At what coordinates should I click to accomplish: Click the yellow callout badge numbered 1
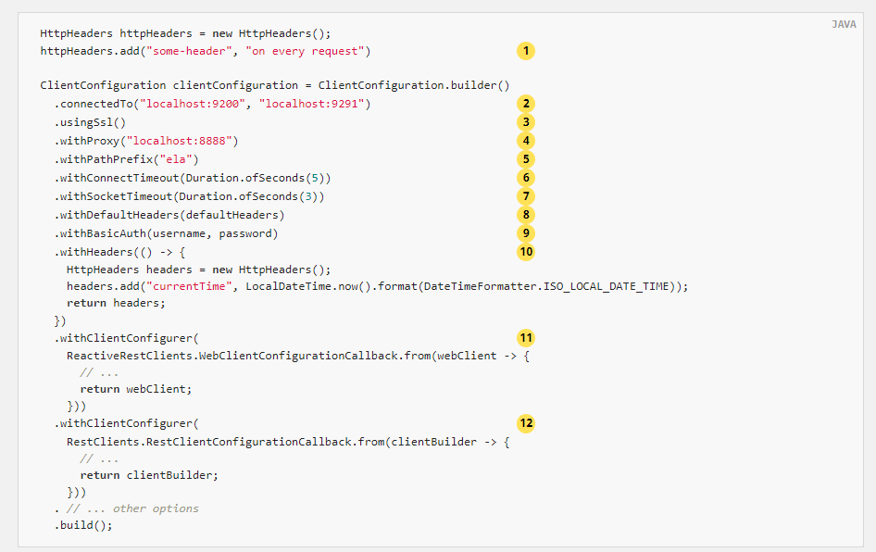coord(525,51)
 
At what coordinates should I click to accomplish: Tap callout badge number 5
coord(525,159)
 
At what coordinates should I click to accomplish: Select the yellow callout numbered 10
coord(525,252)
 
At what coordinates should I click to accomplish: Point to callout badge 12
coord(525,423)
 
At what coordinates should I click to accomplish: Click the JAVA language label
coord(844,24)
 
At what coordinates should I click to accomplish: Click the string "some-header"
coord(189,51)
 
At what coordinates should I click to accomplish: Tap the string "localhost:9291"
coord(311,104)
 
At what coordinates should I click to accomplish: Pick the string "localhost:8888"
coord(179,141)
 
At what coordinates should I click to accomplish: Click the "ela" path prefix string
coord(176,160)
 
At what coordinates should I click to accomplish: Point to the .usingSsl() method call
coord(90,123)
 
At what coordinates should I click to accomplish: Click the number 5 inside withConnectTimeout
coord(315,178)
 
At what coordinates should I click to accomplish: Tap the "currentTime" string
coord(189,286)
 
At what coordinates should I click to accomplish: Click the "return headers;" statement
coord(116,304)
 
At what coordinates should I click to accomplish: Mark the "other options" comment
coord(156,508)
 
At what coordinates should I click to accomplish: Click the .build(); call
coord(83,525)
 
